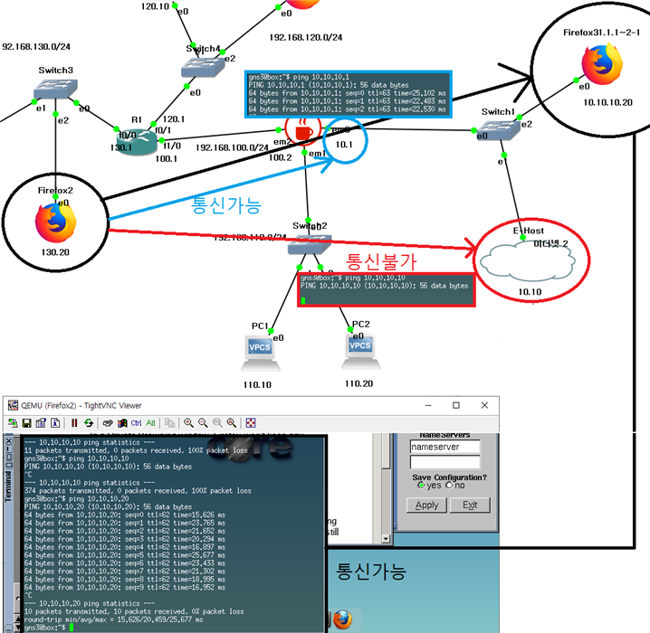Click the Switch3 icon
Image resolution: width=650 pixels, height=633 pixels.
click(56, 89)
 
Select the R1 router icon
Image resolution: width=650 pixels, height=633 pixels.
click(137, 140)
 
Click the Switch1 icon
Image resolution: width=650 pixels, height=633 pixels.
click(499, 129)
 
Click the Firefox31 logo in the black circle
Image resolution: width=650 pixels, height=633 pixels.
click(595, 64)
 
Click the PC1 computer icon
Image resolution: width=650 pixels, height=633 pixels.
click(260, 351)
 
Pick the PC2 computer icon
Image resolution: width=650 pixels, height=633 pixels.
click(360, 349)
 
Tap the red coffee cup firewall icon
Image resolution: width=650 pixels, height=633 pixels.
click(301, 132)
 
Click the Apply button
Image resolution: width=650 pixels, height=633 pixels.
click(426, 505)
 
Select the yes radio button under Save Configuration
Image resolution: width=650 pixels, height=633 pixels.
click(421, 486)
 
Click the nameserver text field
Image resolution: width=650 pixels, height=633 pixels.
click(444, 447)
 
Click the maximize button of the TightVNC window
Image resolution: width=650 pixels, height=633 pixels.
click(456, 406)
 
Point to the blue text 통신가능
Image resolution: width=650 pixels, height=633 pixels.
click(225, 206)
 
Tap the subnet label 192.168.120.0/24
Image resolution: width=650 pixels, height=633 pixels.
click(306, 38)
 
